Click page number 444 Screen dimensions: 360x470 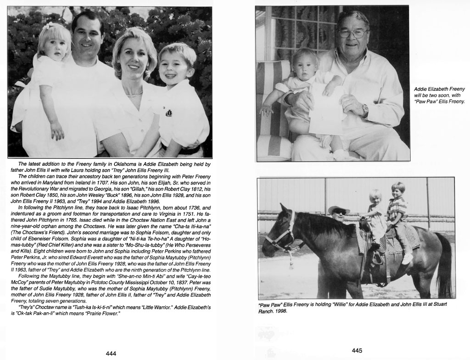tap(111, 353)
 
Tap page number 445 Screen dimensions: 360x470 tap(357, 350)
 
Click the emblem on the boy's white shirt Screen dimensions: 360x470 tap(168, 112)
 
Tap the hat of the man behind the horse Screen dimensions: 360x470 tap(338, 209)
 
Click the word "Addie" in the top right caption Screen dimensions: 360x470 tap(421, 89)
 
